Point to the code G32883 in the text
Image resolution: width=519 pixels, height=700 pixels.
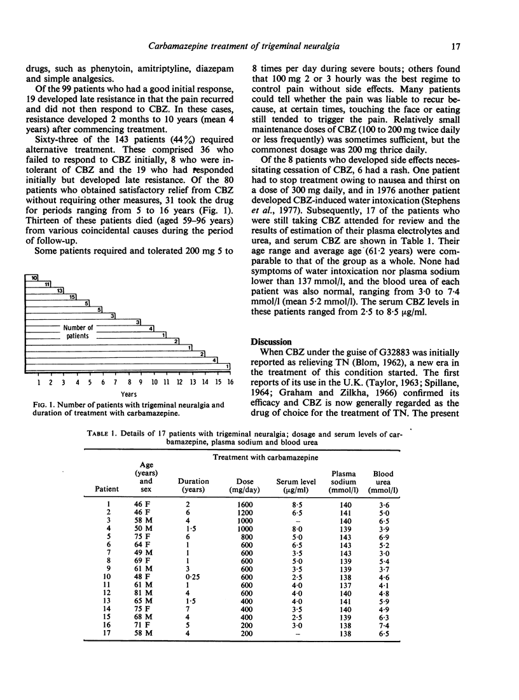coord(388,353)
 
